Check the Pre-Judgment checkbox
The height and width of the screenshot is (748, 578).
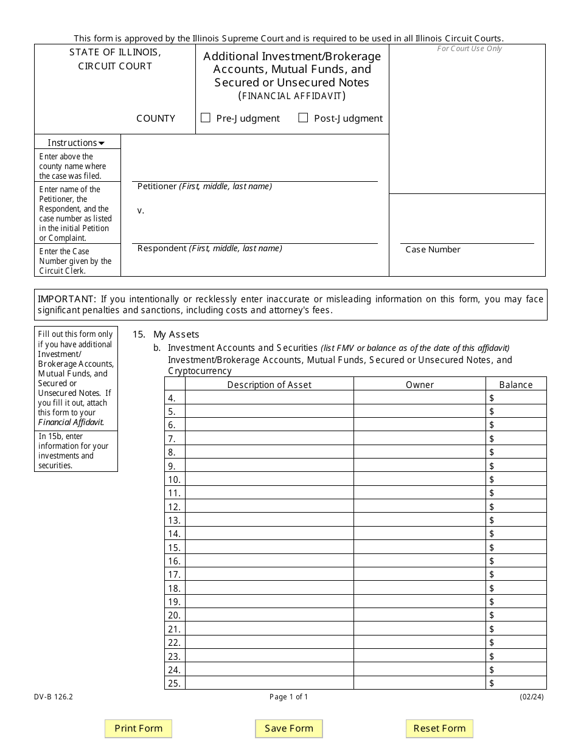pos(206,118)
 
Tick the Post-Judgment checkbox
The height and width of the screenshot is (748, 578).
pos(303,118)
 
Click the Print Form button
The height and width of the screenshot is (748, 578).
pos(139,729)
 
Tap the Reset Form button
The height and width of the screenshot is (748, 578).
pos(439,729)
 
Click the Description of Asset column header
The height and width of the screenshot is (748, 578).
pos(269,384)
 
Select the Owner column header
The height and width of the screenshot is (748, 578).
pos(420,384)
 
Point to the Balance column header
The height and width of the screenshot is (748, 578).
pos(516,384)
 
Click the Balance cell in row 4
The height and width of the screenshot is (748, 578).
pos(516,398)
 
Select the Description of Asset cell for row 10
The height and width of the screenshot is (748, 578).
pos(269,479)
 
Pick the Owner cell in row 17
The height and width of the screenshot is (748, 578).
pos(420,574)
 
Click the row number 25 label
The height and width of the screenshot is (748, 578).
pos(175,683)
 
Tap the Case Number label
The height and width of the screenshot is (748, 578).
pos(433,249)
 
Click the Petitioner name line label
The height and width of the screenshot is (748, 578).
pos(204,187)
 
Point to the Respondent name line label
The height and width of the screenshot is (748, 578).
pos(209,248)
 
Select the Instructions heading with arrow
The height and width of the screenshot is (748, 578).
pos(76,143)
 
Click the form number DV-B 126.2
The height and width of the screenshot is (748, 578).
pos(54,697)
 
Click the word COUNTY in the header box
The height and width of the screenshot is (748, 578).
pos(156,119)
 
